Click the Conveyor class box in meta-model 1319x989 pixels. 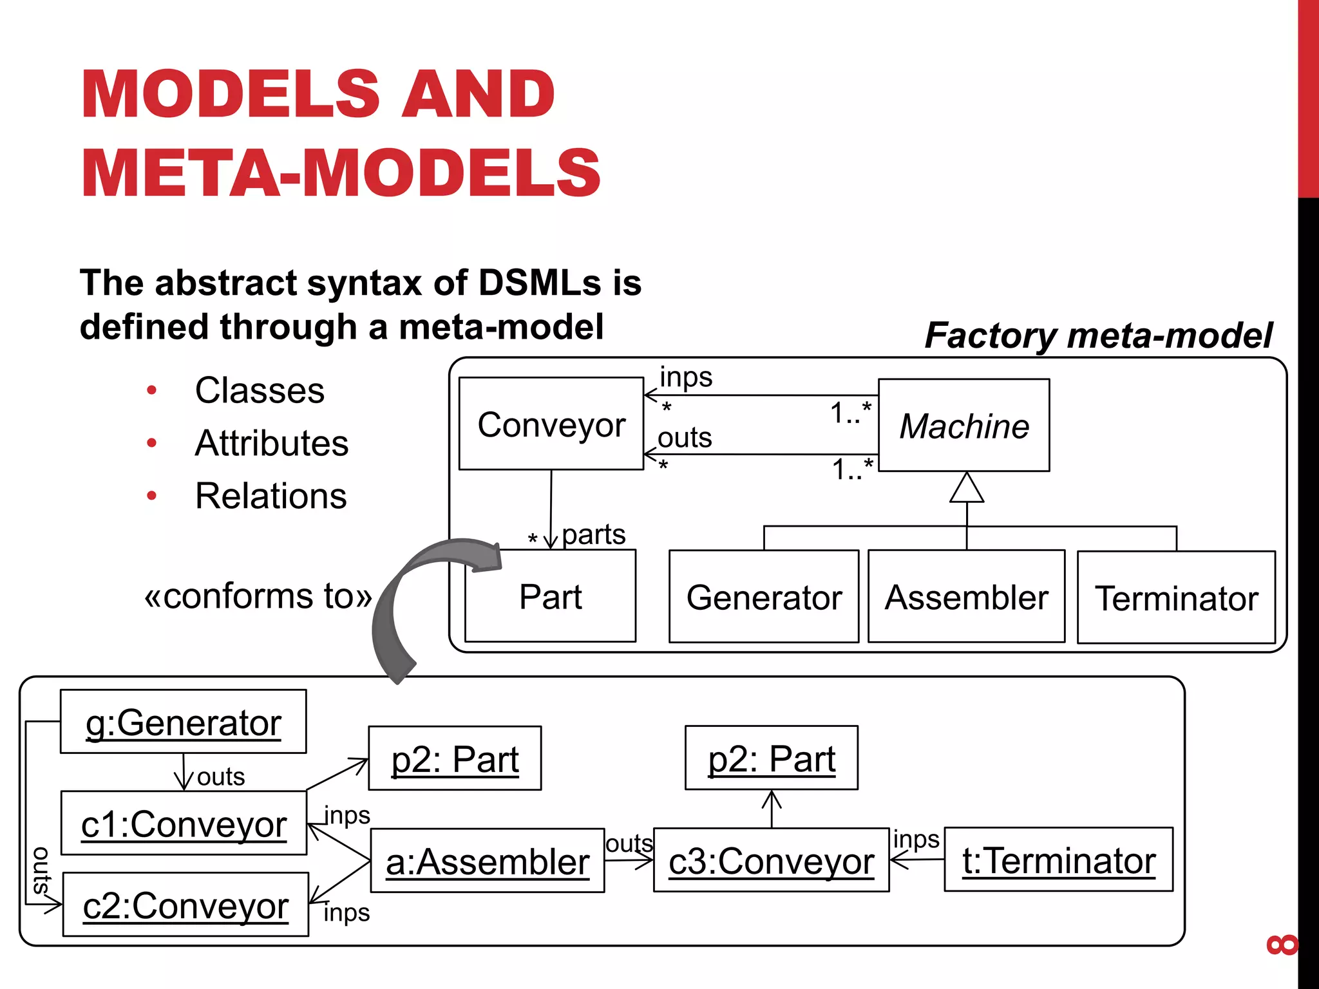(551, 424)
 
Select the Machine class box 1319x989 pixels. (963, 425)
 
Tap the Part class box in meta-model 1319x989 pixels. (550, 596)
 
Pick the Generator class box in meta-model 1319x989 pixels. (764, 597)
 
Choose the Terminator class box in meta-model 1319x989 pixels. (1176, 598)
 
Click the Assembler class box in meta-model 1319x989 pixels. (966, 597)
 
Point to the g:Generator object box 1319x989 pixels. (184, 722)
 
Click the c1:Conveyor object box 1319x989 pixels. (184, 824)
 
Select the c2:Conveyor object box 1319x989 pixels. (185, 905)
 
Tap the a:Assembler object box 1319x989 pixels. (488, 861)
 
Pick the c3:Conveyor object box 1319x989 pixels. (771, 860)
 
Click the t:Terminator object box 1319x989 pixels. (1058, 860)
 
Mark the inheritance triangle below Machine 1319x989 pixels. (967, 489)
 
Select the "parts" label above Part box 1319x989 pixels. (593, 534)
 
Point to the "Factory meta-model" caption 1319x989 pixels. (1099, 335)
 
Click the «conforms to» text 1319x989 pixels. (258, 596)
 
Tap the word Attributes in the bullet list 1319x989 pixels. (272, 443)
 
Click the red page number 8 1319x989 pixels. (1282, 945)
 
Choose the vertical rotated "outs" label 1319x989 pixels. (41, 871)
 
